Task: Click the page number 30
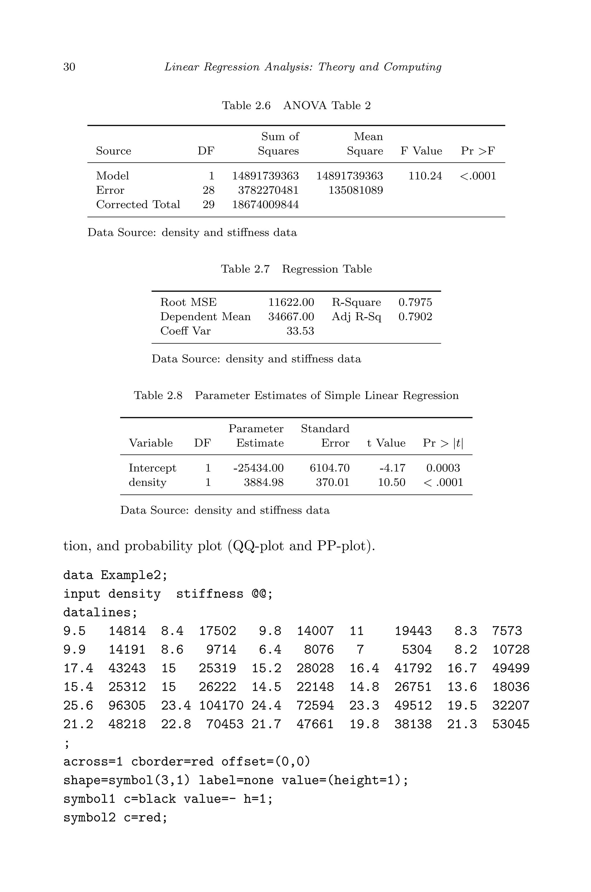[69, 67]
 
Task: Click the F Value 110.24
[425, 176]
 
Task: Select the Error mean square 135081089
[356, 191]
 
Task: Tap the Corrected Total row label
[138, 205]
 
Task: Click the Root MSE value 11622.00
[291, 302]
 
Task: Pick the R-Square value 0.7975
[415, 302]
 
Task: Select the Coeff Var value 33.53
[300, 331]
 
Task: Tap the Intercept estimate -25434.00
[258, 468]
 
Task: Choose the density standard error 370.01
[332, 483]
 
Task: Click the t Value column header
[386, 443]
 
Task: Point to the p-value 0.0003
[443, 468]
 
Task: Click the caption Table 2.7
[245, 269]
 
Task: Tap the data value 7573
[507, 631]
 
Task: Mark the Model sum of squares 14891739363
[265, 176]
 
